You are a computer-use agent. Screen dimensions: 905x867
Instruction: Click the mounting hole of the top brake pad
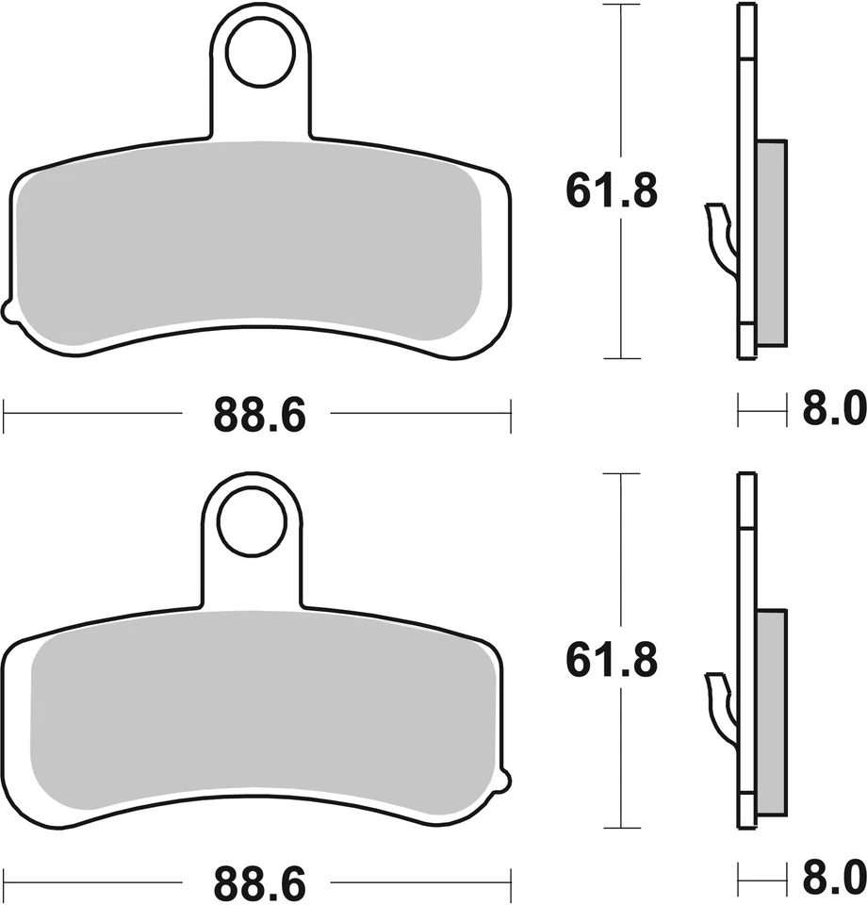coord(260,57)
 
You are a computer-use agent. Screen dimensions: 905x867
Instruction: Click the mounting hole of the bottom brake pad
coord(252,522)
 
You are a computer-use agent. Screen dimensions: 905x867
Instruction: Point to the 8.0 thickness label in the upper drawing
coord(833,411)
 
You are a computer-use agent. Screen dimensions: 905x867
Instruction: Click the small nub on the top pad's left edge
coord(8,311)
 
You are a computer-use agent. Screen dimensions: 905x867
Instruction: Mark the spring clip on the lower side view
coord(721,707)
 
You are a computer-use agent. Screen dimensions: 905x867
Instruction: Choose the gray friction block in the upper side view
coord(771,243)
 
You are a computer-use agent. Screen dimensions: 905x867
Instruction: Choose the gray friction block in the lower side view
coord(771,712)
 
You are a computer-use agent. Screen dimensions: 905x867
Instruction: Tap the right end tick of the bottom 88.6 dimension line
coord(510,882)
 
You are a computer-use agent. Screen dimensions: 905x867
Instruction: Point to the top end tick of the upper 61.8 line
coord(620,6)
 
